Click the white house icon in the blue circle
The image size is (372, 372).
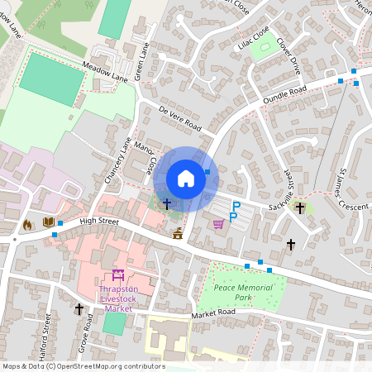pyautogui.click(x=186, y=179)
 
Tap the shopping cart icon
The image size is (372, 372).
pyautogui.click(x=218, y=222)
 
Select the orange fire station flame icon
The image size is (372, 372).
pyautogui.click(x=26, y=223)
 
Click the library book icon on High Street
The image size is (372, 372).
pyautogui.click(x=48, y=222)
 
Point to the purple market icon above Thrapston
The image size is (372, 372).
pyautogui.click(x=117, y=275)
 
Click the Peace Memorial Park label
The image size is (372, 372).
pyautogui.click(x=243, y=291)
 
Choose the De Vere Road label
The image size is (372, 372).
pyautogui.click(x=179, y=118)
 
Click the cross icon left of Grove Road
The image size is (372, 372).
pyautogui.click(x=79, y=309)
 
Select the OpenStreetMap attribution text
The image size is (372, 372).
pyautogui.click(x=83, y=366)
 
